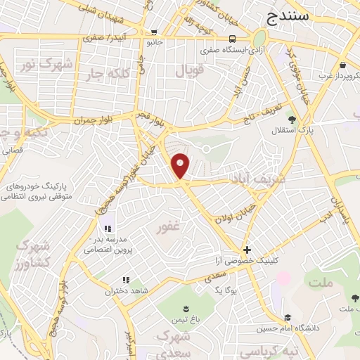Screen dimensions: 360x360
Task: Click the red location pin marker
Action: click(x=181, y=165)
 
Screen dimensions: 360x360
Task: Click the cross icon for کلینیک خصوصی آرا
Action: click(x=246, y=250)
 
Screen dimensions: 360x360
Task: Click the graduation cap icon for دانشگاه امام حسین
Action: click(x=287, y=316)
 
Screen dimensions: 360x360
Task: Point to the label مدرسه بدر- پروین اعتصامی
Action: click(x=110, y=244)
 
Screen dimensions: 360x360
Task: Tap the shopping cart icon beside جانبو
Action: click(x=154, y=32)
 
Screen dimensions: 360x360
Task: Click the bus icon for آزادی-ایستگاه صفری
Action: click(x=232, y=39)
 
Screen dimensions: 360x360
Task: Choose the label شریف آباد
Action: click(x=257, y=180)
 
